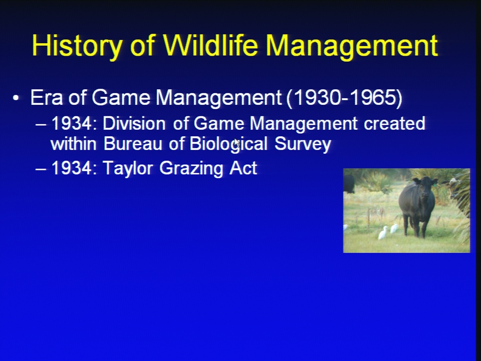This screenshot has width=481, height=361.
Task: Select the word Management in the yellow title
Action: point(352,46)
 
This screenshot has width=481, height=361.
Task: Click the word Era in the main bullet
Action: point(46,98)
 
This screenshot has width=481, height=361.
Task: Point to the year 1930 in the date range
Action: point(316,98)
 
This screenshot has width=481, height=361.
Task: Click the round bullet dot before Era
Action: point(16,98)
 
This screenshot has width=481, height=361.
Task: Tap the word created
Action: point(394,123)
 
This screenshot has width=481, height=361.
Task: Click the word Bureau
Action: point(133,144)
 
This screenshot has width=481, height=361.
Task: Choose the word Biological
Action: point(228,144)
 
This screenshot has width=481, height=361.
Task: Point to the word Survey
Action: point(303,144)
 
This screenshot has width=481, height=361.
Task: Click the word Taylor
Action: point(128,168)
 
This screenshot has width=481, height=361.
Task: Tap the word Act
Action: point(244,168)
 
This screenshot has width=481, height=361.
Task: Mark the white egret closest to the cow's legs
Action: point(394,229)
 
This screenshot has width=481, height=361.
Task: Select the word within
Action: point(74,144)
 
